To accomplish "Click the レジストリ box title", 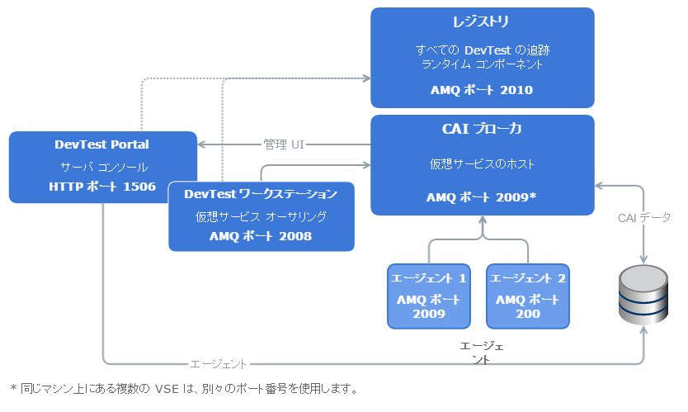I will click(x=482, y=21).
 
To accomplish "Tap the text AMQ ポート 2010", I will click(x=482, y=90).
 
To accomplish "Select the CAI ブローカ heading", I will click(x=482, y=129).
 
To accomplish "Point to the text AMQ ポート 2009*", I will click(x=482, y=197).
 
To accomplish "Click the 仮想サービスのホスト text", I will click(x=482, y=163).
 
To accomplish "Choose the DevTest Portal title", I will click(x=102, y=144).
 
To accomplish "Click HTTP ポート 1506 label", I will click(x=102, y=187).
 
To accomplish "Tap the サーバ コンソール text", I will click(x=102, y=167).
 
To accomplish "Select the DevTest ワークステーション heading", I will click(x=261, y=194).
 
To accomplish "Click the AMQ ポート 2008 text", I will click(x=261, y=236).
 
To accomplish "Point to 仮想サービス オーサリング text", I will click(x=261, y=216).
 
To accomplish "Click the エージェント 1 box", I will click(x=428, y=296).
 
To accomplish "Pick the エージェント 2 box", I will click(x=527, y=296).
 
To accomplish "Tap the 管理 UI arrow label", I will click(x=284, y=144).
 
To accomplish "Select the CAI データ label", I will click(x=644, y=218).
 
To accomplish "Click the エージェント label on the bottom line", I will click(x=219, y=363).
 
